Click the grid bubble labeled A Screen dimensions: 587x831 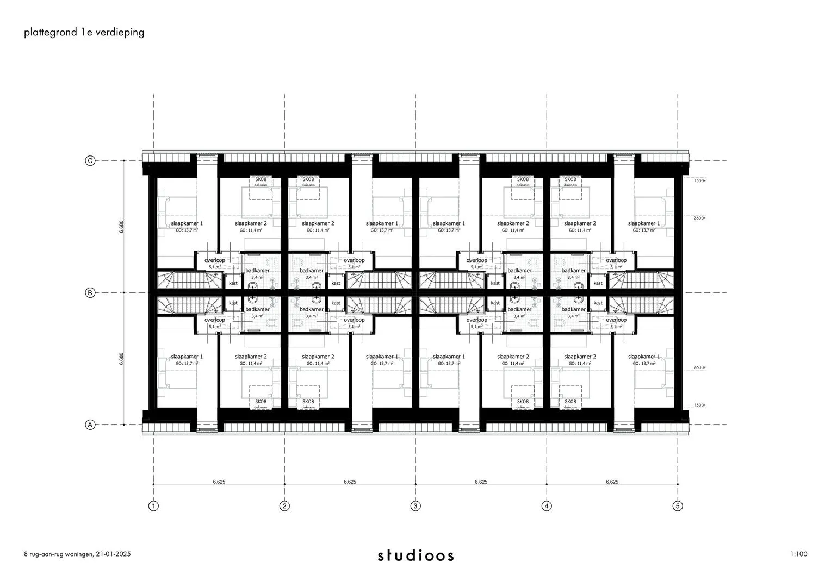tap(90, 425)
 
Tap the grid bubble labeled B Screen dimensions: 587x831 tap(90, 293)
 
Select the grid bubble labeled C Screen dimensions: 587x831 tap(90, 161)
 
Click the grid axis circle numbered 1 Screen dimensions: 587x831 tap(154, 506)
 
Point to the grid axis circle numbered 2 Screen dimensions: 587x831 tap(284, 506)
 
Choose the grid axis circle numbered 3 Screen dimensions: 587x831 tap(415, 506)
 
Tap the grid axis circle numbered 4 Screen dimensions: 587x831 tap(547, 506)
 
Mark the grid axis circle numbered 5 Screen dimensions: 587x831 tap(677, 506)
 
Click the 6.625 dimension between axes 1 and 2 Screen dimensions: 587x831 tap(219, 482)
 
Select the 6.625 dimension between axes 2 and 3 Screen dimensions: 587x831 tap(350, 482)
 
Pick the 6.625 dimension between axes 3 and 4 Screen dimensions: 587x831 tap(481, 482)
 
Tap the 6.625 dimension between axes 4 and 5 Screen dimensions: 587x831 tap(612, 482)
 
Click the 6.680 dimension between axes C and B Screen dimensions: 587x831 tap(121, 227)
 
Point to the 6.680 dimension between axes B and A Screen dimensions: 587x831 tap(121, 359)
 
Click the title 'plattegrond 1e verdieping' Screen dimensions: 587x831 tap(84, 32)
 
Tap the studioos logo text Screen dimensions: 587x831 tap(416, 555)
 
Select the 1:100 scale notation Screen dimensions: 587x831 tap(799, 554)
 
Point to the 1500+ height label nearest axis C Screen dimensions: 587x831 tap(700, 180)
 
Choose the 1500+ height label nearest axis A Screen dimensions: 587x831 tap(700, 405)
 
